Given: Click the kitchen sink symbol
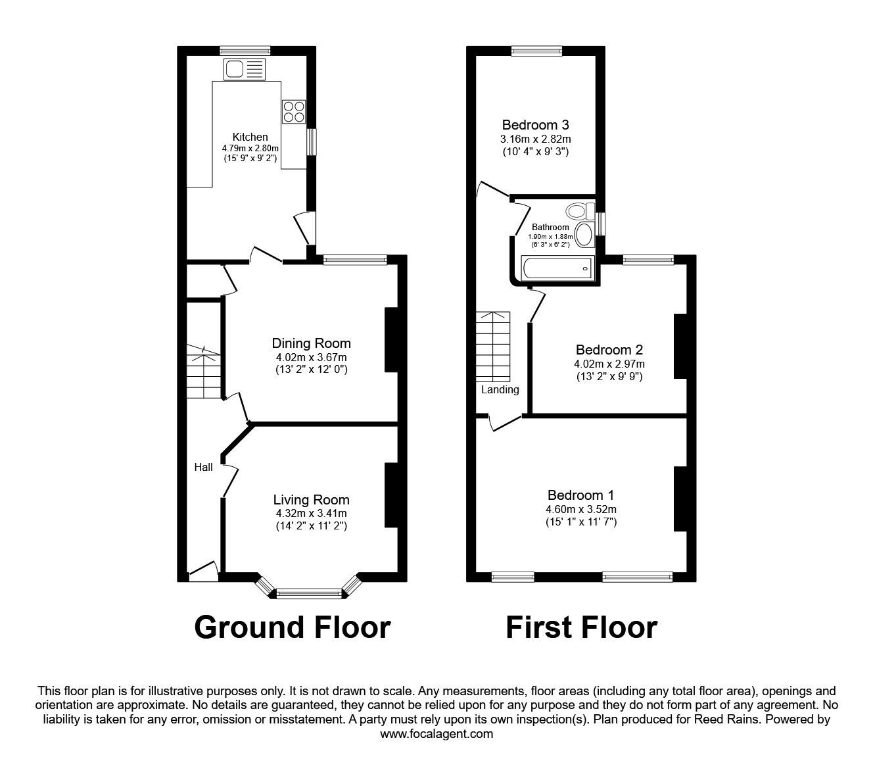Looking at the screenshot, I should click(244, 68).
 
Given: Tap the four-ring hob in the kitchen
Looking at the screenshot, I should click(294, 111).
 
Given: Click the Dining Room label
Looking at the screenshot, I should click(311, 343).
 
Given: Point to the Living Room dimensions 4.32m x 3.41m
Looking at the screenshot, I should click(311, 513).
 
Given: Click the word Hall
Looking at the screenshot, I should click(203, 467).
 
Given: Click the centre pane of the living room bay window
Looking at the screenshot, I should click(309, 594).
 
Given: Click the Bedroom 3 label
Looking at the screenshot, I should click(535, 125).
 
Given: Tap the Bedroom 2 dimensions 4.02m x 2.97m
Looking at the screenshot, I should click(609, 364).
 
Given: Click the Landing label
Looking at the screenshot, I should click(500, 389).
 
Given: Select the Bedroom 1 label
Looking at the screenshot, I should click(581, 495).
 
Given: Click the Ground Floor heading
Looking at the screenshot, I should click(293, 627).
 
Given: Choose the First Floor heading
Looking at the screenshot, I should click(581, 627).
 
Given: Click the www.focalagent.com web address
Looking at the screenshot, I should click(436, 733).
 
